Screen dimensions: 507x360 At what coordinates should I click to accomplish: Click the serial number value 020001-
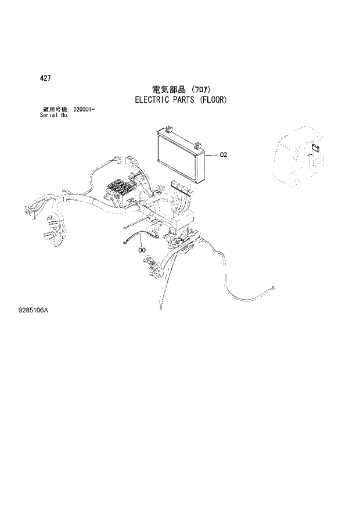(84, 109)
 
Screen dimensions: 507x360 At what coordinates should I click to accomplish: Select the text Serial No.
(53, 115)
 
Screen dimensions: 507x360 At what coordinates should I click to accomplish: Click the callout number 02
(224, 155)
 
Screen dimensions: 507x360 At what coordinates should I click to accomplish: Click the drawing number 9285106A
(33, 311)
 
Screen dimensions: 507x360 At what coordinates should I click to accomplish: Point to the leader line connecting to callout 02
(213, 155)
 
